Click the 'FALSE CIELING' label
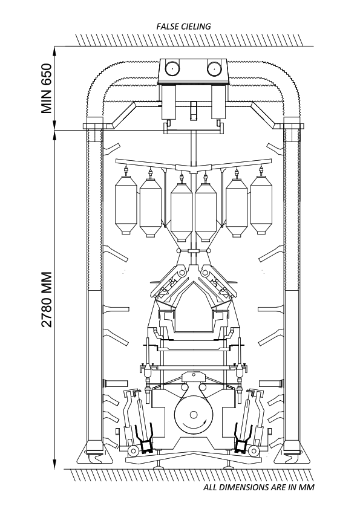[x=183, y=27]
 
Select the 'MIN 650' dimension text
[x=47, y=89]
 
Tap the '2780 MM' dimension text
[x=47, y=299]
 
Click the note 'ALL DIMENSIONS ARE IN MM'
[x=259, y=487]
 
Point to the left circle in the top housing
[x=172, y=68]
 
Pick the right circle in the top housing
[x=214, y=68]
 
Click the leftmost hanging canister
[x=126, y=205]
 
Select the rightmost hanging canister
[x=261, y=205]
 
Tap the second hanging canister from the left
[x=151, y=208]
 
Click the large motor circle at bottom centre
[x=194, y=415]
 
